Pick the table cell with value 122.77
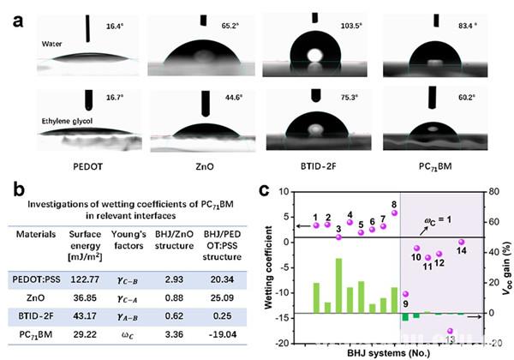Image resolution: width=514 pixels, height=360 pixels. click(93, 279)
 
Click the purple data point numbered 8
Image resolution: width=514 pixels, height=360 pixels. click(394, 213)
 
